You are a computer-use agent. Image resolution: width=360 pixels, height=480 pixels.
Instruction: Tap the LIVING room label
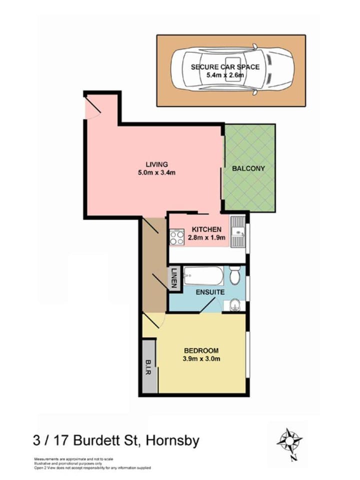(x=156, y=164)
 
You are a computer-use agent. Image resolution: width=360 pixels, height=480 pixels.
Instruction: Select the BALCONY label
(x=248, y=168)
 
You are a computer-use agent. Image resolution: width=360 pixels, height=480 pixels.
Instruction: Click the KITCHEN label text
(x=205, y=229)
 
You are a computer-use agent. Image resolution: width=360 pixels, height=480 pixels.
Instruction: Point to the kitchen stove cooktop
(x=177, y=236)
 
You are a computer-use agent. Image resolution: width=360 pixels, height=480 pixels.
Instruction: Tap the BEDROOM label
(x=200, y=350)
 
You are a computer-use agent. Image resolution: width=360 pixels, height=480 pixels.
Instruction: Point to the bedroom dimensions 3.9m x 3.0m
(x=201, y=358)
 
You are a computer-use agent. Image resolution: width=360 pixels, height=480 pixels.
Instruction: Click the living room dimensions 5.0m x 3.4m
(x=156, y=173)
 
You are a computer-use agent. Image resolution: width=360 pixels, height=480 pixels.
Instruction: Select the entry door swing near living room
(x=92, y=108)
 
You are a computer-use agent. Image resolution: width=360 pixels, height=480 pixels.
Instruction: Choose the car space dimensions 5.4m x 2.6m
(x=225, y=75)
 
